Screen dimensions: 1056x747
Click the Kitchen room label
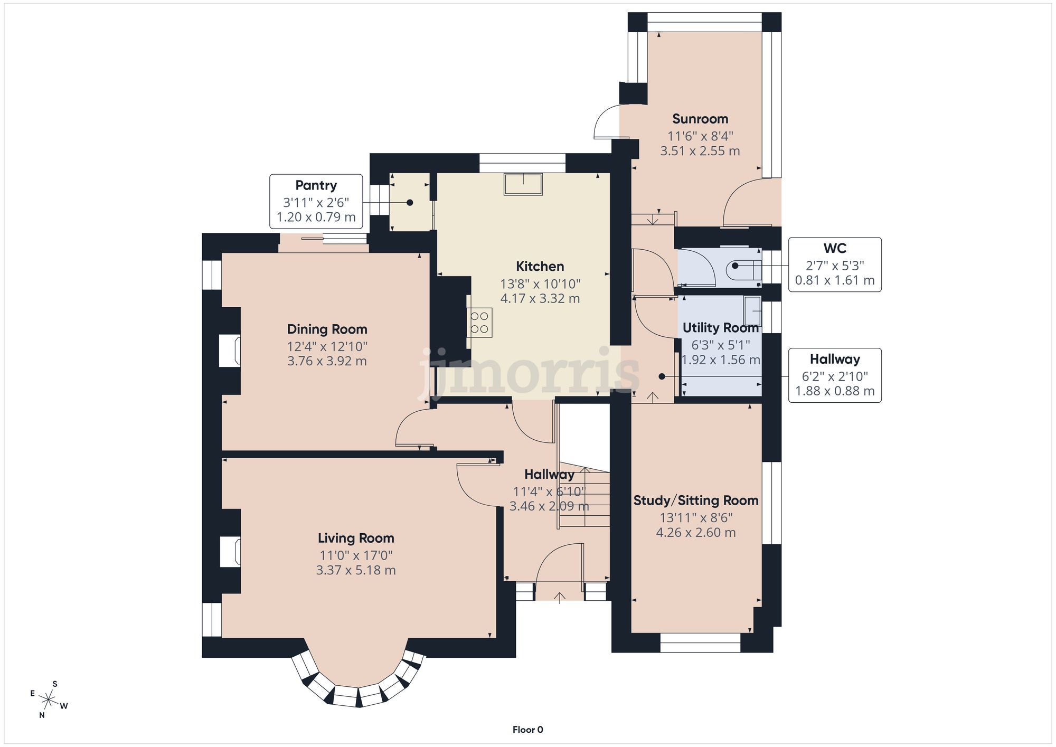[x=540, y=266]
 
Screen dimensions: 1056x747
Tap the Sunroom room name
[x=700, y=119]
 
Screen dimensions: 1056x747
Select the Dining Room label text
[x=327, y=329]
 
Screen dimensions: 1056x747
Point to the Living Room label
[x=356, y=538]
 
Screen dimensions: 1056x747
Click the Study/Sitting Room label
[x=696, y=500]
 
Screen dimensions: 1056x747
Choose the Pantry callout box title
[x=316, y=185]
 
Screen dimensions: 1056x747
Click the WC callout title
[x=835, y=248]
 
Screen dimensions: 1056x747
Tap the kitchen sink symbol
[x=523, y=184]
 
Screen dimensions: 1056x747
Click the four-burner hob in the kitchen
[x=479, y=323]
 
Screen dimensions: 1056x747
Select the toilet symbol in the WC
[x=744, y=270]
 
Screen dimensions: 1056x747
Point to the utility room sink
[x=752, y=311]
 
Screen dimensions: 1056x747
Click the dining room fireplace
[x=230, y=351]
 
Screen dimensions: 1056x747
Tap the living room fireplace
[x=230, y=552]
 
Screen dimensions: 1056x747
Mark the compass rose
[x=49, y=700]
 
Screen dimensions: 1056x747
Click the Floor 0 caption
[x=527, y=730]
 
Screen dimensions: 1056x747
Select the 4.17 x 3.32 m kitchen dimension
[x=540, y=299]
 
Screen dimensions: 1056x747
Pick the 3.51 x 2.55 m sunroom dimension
[x=700, y=151]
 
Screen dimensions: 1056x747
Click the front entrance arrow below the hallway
[x=560, y=597]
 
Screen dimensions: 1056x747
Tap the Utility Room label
[x=721, y=328]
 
